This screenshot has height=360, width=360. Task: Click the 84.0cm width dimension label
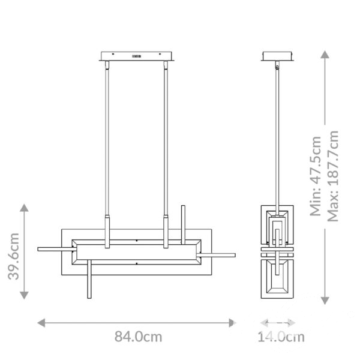[x=138, y=337]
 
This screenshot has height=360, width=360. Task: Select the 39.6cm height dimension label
[x=14, y=256]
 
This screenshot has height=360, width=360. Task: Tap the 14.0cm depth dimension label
[x=281, y=337]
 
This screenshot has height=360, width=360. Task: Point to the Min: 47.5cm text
[x=316, y=176]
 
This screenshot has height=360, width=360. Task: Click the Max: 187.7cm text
[x=333, y=176]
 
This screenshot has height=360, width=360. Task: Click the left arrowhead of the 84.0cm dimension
[x=41, y=323]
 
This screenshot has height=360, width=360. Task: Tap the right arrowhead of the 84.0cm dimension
[x=232, y=323]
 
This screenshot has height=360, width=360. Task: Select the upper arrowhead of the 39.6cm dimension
[x=24, y=208]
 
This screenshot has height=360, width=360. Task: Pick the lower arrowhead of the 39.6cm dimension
[x=24, y=295]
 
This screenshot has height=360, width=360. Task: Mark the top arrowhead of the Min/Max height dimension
[x=325, y=55]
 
